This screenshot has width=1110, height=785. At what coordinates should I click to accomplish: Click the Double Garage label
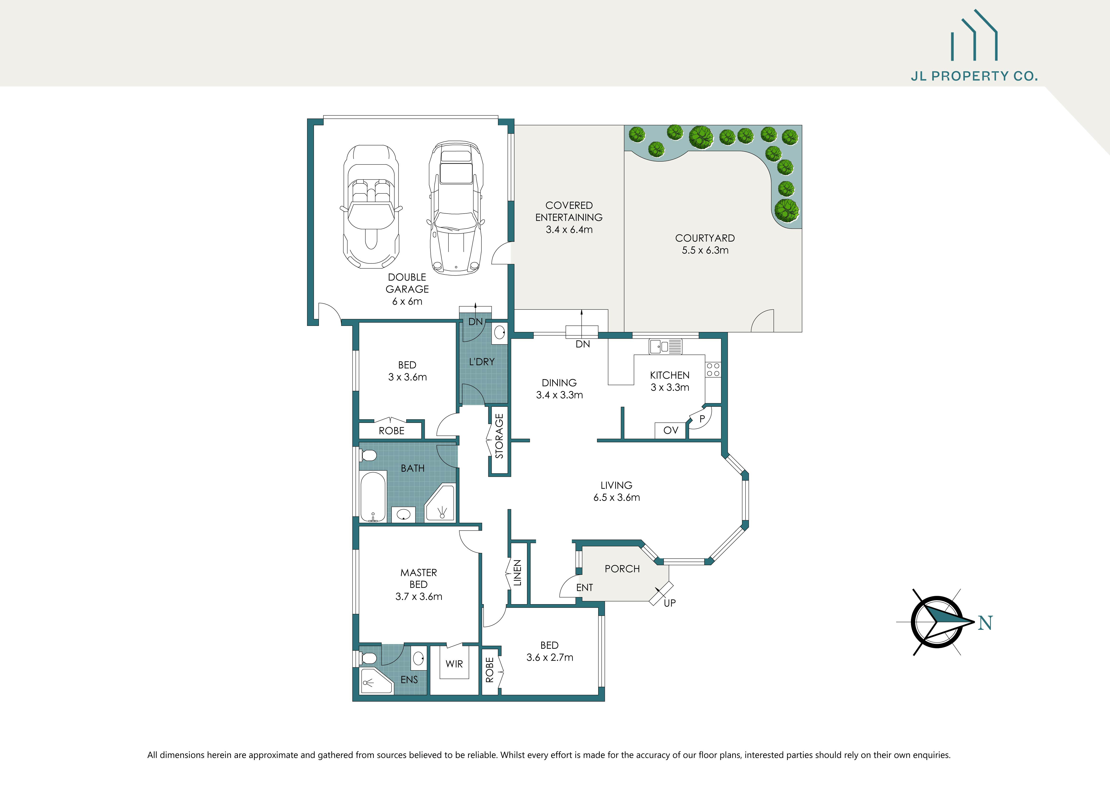coord(407,289)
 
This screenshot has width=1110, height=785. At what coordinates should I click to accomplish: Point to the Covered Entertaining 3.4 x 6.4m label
coord(569,218)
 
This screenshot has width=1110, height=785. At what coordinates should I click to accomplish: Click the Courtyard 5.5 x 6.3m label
coord(705,244)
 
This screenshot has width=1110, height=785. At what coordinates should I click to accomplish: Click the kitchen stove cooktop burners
coord(713,370)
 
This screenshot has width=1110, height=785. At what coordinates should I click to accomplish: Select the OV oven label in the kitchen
coord(671,430)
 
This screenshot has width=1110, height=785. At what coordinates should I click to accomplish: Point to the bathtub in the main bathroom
coord(373,496)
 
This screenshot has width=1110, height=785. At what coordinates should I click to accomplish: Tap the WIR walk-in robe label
coord(454,664)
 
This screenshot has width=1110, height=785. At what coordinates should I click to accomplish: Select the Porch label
coord(622,569)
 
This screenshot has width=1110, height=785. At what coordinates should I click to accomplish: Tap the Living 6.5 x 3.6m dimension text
coord(616,497)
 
